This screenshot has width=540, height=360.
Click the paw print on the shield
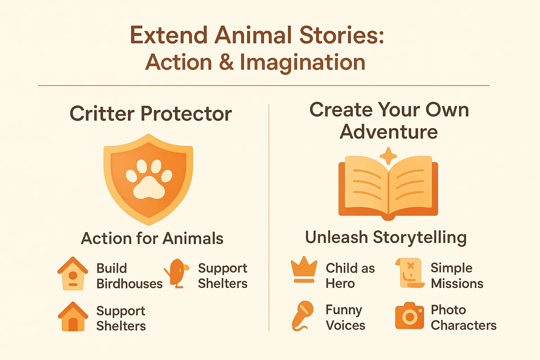149,179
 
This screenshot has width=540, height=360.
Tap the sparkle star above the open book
388,156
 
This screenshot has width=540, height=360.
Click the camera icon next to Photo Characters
410,316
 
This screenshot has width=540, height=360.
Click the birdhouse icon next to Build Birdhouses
73,274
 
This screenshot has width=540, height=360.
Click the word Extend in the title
169,35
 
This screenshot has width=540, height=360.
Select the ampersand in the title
226,62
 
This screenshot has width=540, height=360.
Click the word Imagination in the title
303,62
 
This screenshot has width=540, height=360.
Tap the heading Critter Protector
151,114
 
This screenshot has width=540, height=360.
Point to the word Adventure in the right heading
389,132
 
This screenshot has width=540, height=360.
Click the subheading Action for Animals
152,238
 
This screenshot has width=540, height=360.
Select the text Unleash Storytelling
386,237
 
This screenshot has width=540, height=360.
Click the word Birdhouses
129,284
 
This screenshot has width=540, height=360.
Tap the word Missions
457,283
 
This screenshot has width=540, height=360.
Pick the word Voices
346,325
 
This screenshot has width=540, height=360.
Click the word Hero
340,283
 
